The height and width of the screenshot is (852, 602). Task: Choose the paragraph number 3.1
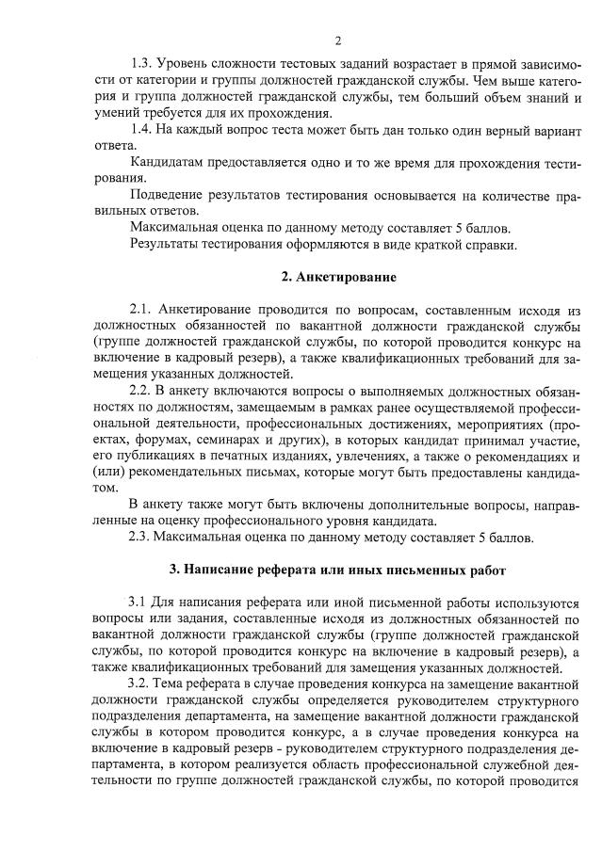pos(139,602)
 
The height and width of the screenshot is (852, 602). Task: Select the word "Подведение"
pos(170,195)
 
